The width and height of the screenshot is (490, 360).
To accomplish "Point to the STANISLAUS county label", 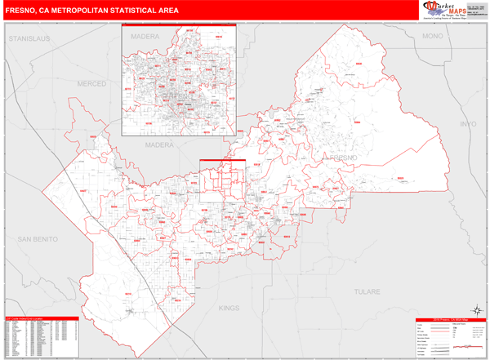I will click(x=29, y=38).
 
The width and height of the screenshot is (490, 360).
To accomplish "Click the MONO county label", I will click(x=431, y=38).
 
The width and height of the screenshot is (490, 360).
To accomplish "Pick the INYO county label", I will click(x=467, y=123).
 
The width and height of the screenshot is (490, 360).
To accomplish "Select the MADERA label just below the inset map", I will click(x=160, y=144).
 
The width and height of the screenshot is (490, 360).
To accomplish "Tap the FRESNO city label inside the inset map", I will click(x=190, y=104).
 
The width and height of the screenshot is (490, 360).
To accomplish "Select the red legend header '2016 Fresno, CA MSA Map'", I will click(x=449, y=319).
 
